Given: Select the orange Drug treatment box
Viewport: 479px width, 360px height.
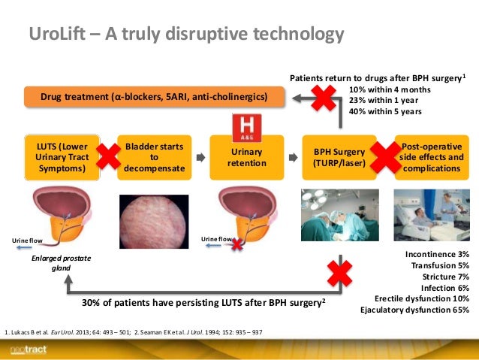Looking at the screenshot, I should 156,97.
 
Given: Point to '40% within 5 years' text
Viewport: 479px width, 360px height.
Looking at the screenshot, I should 385,111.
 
